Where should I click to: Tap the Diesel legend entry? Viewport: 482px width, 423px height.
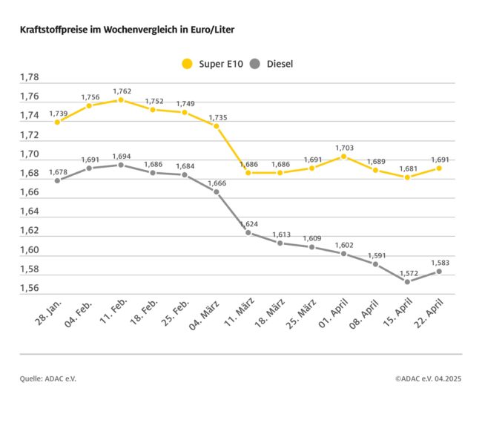pos(273,64)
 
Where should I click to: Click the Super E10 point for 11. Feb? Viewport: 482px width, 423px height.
pos(121,99)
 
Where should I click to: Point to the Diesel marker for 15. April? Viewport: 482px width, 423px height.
pos(407,281)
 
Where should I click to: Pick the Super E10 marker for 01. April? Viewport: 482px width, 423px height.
pos(343,157)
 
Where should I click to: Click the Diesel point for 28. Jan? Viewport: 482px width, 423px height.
pos(57,180)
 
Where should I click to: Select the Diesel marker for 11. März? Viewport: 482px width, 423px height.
pos(248,232)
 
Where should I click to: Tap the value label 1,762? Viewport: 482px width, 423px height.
pos(122,91)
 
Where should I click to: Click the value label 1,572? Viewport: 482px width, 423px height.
pos(407,272)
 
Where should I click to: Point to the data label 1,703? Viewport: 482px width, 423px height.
pos(343,148)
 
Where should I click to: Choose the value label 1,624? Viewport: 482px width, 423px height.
pos(248,223)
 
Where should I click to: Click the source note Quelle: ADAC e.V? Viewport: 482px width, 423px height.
pos(48,378)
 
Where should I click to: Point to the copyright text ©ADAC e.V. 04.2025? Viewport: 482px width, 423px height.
pos(428,378)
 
